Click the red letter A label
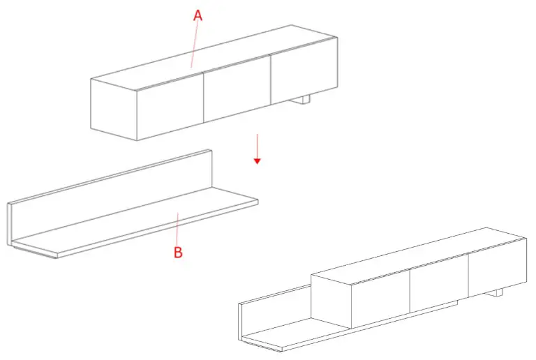pyautogui.click(x=198, y=15)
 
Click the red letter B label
pyautogui.click(x=177, y=252)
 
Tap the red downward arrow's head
pyautogui.click(x=258, y=160)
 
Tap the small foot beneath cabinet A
pyautogui.click(x=301, y=101)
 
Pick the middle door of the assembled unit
pyautogui.click(x=438, y=283)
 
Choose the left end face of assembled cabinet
pyautogui.click(x=330, y=300)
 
